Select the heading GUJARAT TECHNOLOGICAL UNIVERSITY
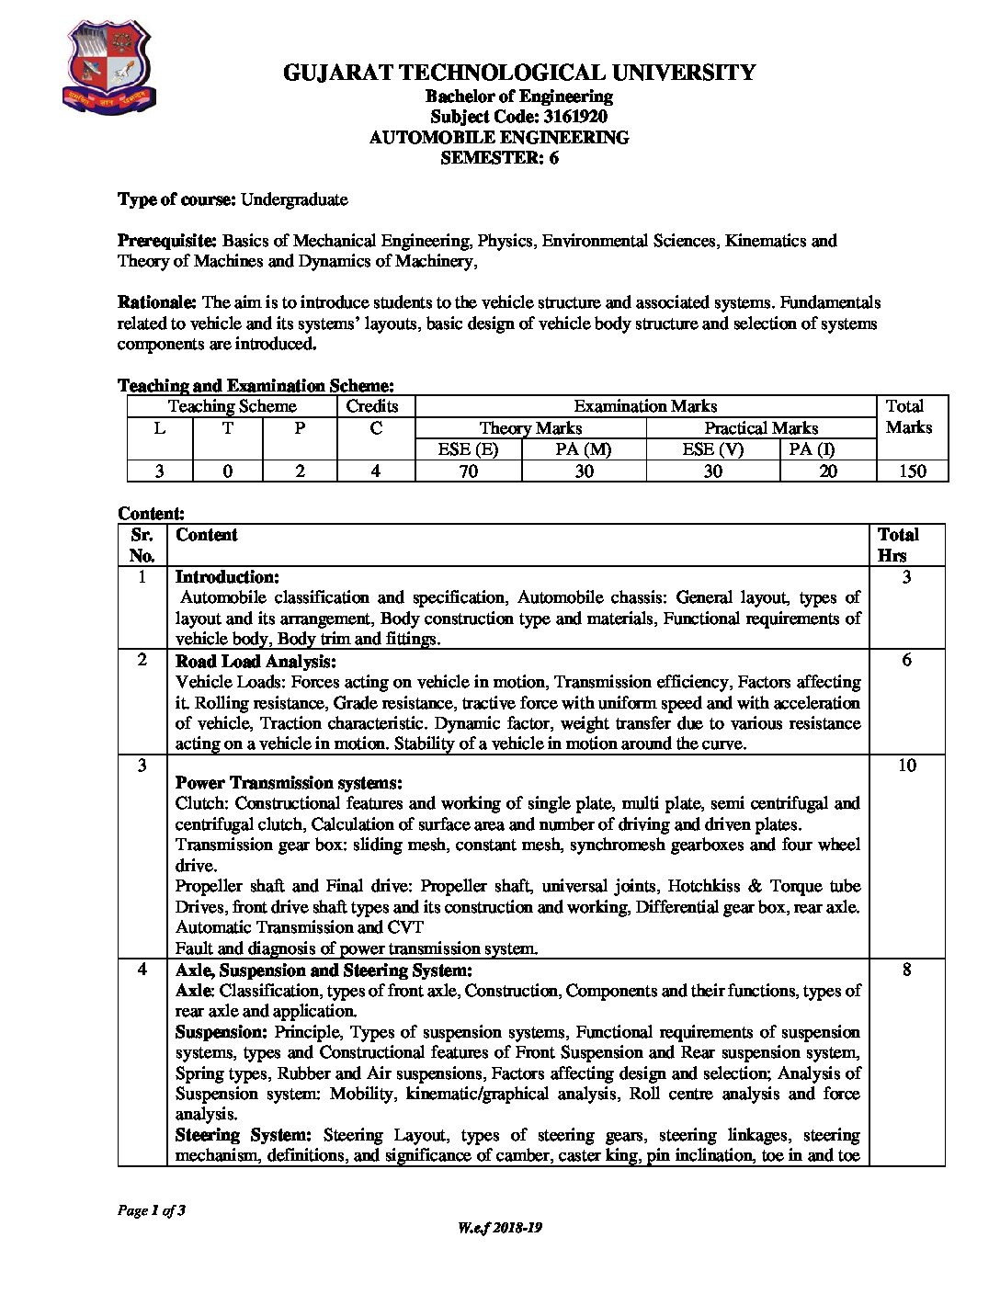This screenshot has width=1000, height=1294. click(x=519, y=73)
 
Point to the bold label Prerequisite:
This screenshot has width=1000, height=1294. click(x=167, y=241)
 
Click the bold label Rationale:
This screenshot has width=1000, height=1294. click(x=157, y=302)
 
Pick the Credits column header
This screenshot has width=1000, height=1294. click(x=372, y=406)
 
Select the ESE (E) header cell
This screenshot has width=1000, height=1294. click(x=468, y=449)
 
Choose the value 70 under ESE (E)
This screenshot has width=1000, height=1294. click(x=468, y=471)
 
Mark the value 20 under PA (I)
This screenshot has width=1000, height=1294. click(x=828, y=471)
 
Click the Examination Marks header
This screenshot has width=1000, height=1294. click(x=645, y=406)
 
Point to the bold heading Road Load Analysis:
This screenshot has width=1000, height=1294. click(x=256, y=661)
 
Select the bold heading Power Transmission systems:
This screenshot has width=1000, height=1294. click(x=289, y=783)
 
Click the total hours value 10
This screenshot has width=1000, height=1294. click(x=906, y=766)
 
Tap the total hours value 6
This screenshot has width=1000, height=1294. click(x=906, y=660)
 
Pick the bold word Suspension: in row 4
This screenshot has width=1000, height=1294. click(x=222, y=1032)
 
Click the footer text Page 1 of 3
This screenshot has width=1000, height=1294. click(x=152, y=1210)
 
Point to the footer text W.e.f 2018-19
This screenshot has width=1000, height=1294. click(x=500, y=1228)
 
